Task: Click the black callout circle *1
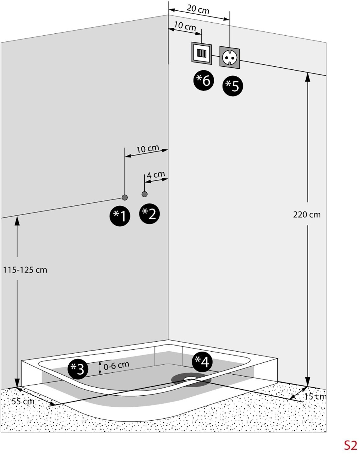click(120, 215)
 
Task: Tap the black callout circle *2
click(149, 214)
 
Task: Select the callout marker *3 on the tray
click(78, 369)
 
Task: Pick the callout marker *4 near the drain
click(202, 362)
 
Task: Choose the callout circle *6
click(204, 80)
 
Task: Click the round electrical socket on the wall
click(230, 57)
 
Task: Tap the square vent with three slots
click(201, 53)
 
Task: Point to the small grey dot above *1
click(125, 198)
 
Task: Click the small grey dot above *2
click(145, 194)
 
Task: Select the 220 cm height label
click(307, 214)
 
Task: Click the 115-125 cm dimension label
click(25, 270)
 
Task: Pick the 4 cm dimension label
click(156, 175)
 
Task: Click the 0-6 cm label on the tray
click(116, 366)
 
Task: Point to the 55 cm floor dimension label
click(23, 401)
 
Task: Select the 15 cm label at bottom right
click(315, 396)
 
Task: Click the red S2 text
click(350, 445)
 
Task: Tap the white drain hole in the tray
click(191, 378)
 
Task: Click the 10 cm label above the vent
click(185, 26)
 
